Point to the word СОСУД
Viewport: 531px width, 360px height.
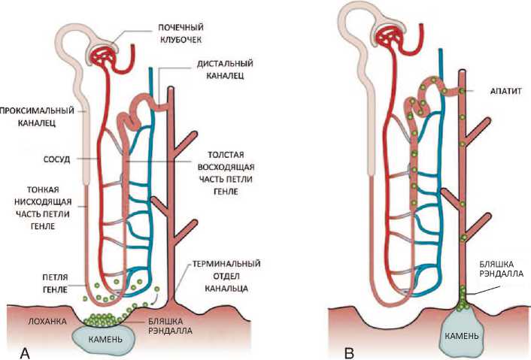(x=47, y=159)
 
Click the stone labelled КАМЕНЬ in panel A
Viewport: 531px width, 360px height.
(x=104, y=337)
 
